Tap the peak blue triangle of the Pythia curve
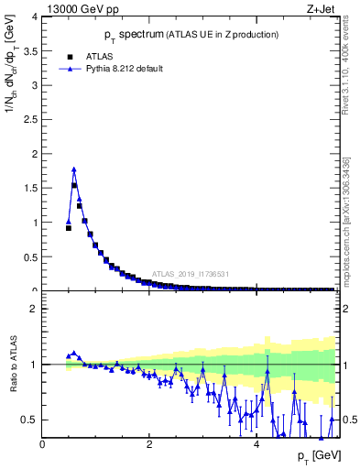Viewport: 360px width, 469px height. click(x=74, y=169)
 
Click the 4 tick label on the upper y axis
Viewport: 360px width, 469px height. click(x=34, y=16)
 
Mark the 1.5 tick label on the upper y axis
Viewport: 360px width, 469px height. click(x=30, y=188)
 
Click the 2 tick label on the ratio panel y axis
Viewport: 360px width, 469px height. click(x=34, y=309)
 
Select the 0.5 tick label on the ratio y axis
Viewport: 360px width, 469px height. click(x=30, y=420)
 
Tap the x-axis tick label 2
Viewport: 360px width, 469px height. click(x=149, y=444)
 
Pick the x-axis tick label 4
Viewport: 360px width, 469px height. click(x=256, y=444)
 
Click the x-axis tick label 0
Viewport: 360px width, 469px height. click(x=43, y=444)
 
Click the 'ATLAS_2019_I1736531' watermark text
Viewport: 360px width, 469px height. click(x=190, y=274)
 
